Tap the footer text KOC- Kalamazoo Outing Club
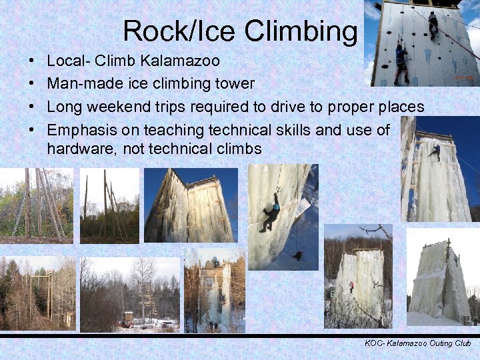point(418,343)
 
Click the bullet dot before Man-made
point(33,84)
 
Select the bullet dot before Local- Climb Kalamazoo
point(33,61)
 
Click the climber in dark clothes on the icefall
point(272,213)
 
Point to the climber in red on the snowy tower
point(351,287)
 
